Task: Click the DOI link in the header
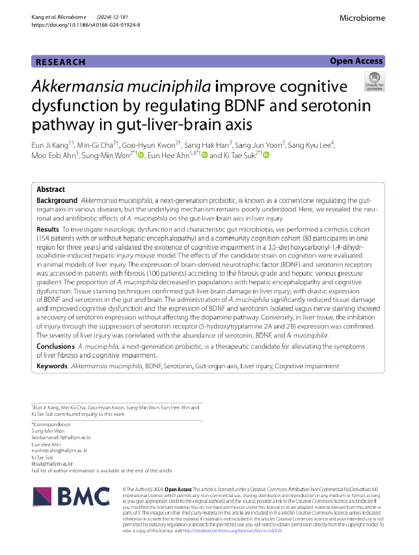click(85, 25)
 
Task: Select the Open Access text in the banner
click(356, 61)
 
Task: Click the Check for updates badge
click(374, 81)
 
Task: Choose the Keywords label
click(52, 366)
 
